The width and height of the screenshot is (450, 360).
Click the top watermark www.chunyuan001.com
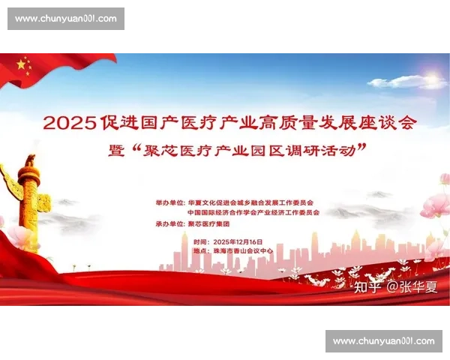(x=66, y=18)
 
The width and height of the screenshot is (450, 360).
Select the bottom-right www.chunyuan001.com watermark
(x=383, y=341)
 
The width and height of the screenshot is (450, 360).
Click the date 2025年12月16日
(x=238, y=241)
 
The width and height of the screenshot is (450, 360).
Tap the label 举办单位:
(x=169, y=202)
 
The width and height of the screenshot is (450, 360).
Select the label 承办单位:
(x=169, y=223)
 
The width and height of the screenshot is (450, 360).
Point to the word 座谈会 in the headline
(x=387, y=121)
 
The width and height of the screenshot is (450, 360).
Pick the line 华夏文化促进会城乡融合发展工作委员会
(x=250, y=202)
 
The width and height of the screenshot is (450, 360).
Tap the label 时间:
(x=201, y=241)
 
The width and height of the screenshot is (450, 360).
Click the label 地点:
(x=201, y=251)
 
